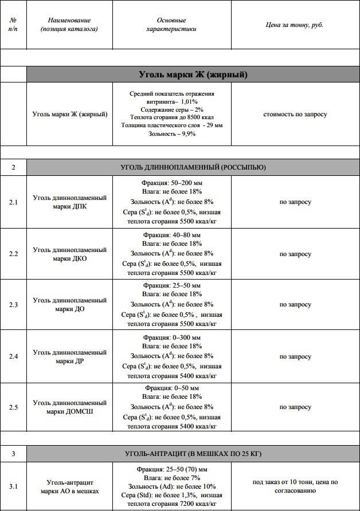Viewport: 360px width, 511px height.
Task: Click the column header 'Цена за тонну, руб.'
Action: click(x=295, y=25)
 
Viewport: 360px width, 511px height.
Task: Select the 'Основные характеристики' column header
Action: click(x=171, y=24)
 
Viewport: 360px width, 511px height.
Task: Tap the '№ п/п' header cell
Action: click(x=13, y=24)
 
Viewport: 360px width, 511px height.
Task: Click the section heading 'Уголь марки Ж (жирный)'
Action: click(x=193, y=74)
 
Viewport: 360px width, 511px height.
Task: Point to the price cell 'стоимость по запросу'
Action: click(x=295, y=114)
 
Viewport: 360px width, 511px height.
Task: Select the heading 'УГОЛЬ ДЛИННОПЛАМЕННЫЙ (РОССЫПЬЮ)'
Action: click(x=193, y=167)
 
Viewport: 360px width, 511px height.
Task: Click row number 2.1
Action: click(x=13, y=202)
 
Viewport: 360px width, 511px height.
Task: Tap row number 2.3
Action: click(x=13, y=304)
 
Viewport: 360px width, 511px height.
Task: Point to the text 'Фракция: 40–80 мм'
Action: click(x=172, y=234)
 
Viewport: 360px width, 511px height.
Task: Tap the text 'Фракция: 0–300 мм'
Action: click(x=172, y=337)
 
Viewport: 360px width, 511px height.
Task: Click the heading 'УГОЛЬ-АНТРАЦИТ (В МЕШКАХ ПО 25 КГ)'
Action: click(x=193, y=454)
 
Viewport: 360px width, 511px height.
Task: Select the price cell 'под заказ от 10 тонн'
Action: click(x=295, y=486)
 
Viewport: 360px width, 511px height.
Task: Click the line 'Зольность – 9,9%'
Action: click(x=171, y=133)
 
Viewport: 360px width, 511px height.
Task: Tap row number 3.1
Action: click(x=13, y=486)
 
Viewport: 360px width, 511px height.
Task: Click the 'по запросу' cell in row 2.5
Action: click(x=295, y=407)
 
